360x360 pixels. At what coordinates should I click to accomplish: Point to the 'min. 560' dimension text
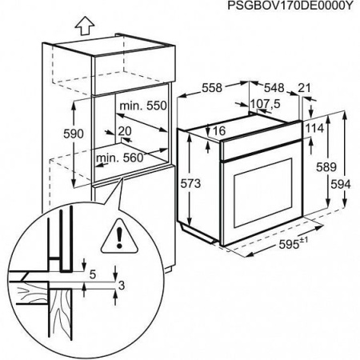point(118,158)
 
